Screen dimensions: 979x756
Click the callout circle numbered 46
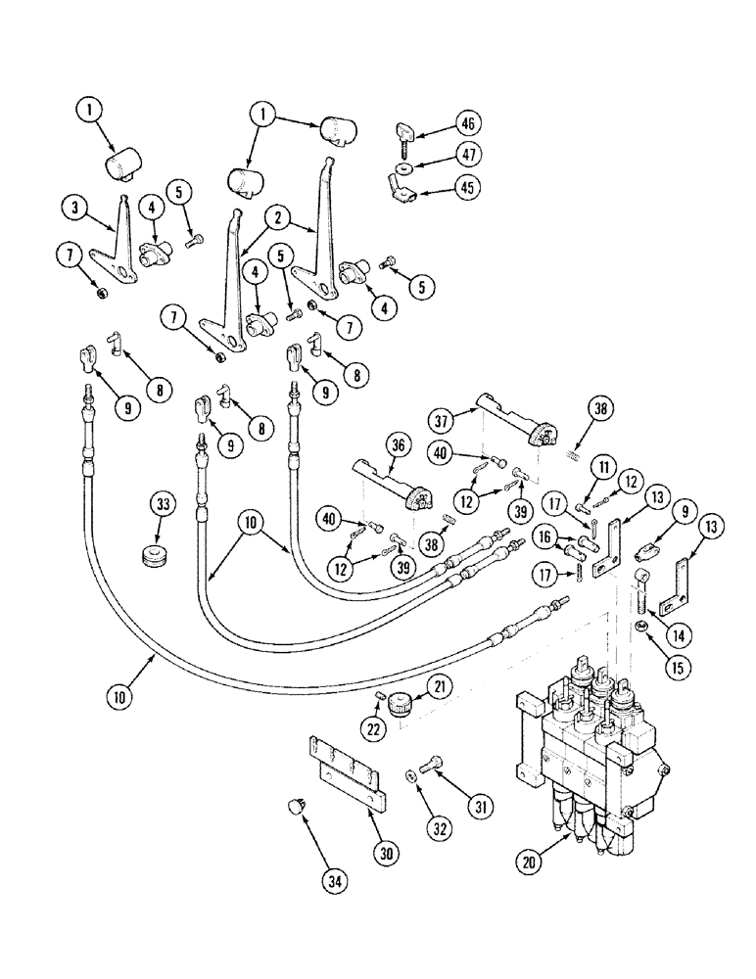(468, 124)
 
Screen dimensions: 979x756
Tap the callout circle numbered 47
(468, 155)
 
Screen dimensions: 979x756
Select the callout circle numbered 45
(468, 187)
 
